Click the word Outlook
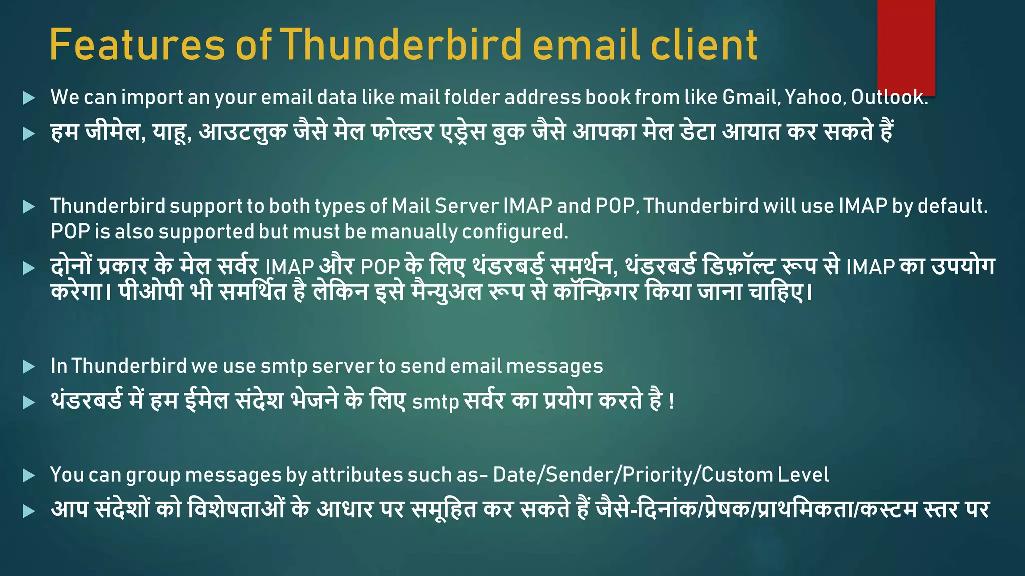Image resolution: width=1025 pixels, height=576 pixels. click(889, 97)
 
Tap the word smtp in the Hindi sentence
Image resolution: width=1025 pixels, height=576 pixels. click(435, 402)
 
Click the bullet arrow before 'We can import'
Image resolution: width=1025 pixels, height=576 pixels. click(29, 98)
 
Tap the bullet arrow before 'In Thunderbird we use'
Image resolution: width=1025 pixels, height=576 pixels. click(29, 367)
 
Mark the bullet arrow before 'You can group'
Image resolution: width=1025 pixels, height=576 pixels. click(29, 475)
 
